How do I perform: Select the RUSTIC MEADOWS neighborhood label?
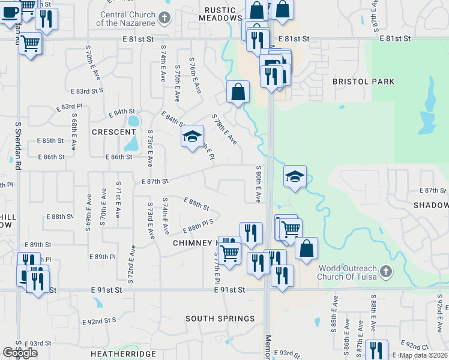click(223, 14)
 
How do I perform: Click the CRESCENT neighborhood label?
click(114, 132)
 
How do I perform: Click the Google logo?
click(20, 353)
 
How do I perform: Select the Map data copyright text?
click(423, 355)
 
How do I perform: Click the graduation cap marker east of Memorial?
click(295, 176)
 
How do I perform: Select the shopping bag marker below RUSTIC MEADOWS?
click(238, 92)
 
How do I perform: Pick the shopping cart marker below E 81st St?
click(30, 43)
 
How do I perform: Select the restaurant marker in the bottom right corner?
click(376, 350)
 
